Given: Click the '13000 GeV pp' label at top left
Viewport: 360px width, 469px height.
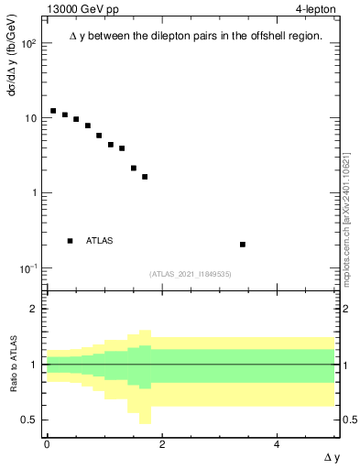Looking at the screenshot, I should (81, 10).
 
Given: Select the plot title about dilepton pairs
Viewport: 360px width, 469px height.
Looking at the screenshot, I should (195, 36).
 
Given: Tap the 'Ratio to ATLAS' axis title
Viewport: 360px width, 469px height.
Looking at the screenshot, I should (13, 365).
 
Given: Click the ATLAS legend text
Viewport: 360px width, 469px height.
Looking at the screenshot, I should (100, 241).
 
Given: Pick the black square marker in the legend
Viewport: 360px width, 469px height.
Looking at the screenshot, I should (70, 241).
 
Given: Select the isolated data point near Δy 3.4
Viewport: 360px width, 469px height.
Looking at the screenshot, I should (242, 245).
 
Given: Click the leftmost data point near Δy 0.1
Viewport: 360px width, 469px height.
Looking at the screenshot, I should (53, 111).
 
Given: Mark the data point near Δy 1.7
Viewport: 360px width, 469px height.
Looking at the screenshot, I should (145, 177).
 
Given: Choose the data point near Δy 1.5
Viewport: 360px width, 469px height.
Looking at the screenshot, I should (134, 169).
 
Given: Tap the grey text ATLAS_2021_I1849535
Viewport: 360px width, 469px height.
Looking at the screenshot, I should (191, 273).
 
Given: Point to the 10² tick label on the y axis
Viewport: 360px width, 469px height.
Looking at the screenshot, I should (29, 43).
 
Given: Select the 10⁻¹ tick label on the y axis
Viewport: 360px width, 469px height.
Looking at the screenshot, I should (29, 267).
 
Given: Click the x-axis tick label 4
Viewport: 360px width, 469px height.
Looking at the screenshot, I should (277, 444).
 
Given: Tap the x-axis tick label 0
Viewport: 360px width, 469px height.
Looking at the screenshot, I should (47, 444).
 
